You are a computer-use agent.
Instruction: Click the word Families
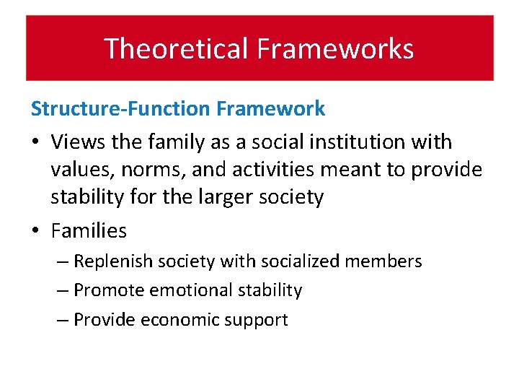pos(89,231)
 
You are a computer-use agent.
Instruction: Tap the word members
pos(386,261)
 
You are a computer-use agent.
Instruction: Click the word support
pos(257,320)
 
